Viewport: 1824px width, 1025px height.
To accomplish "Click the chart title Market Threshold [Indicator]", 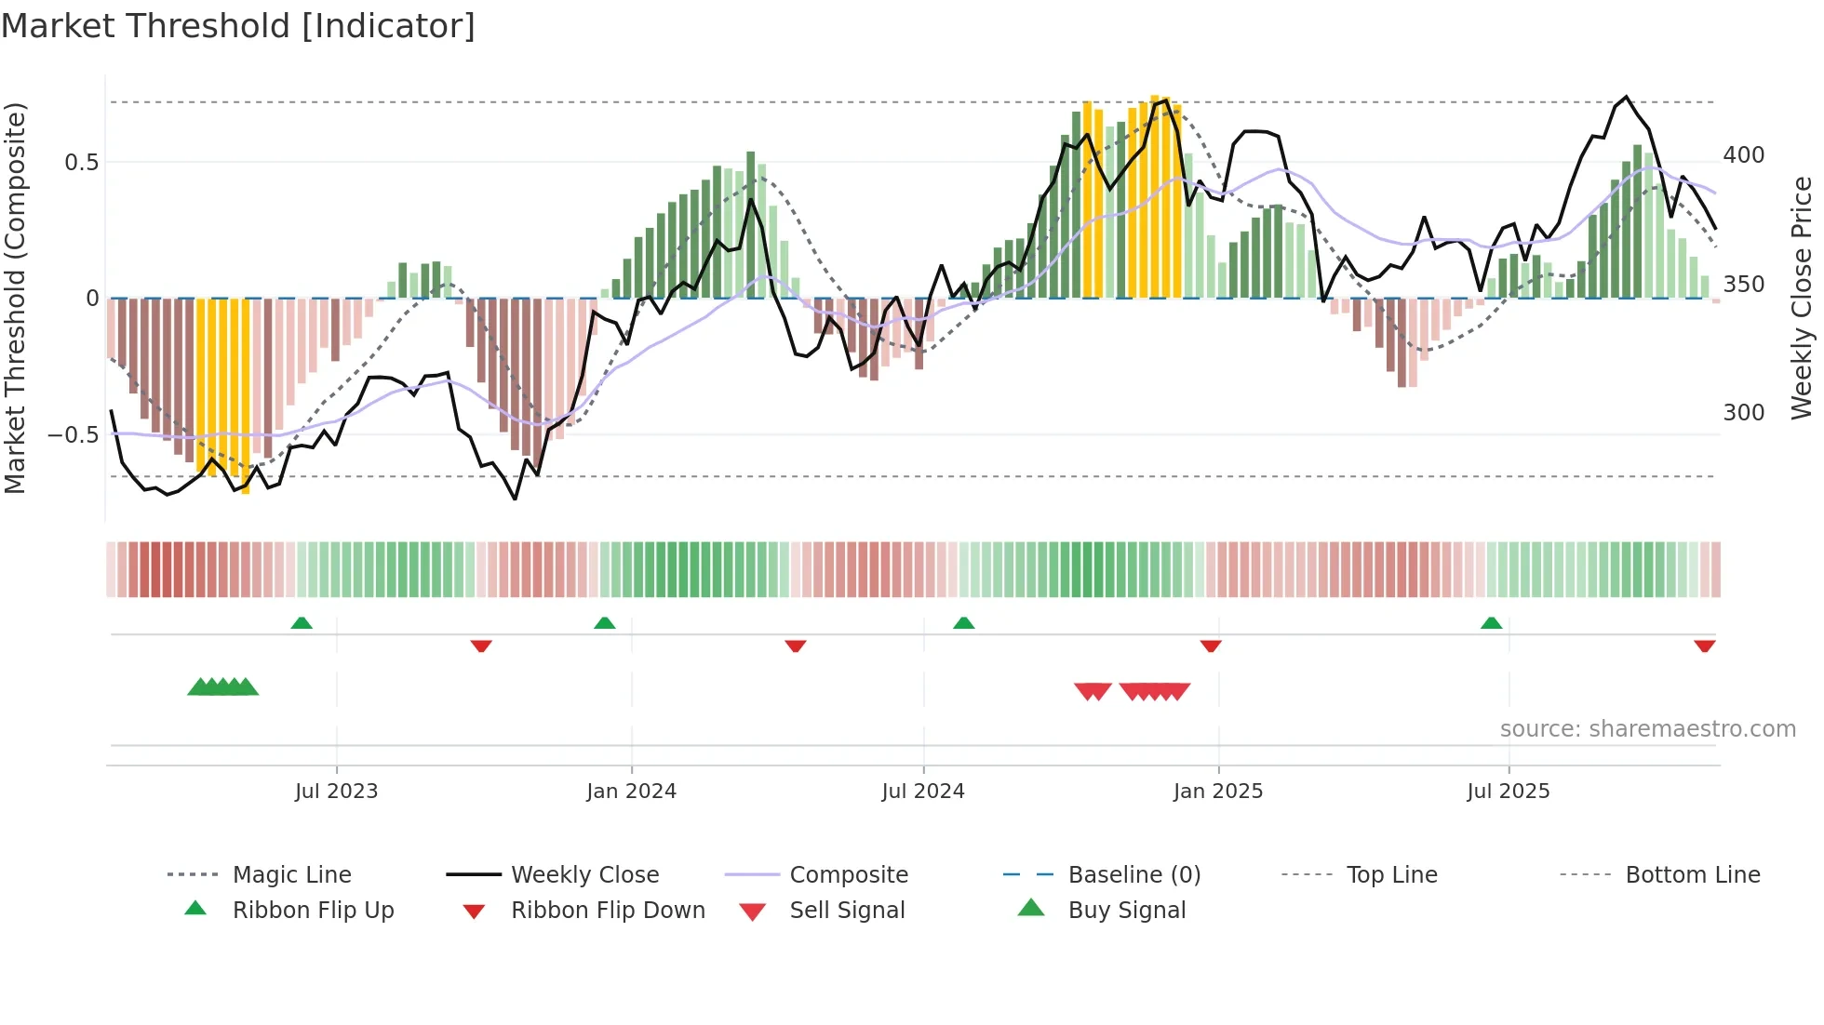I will (x=238, y=26).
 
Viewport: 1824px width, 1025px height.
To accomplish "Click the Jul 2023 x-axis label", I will (x=336, y=792).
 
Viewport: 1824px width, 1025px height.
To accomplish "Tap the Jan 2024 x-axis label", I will (x=631, y=792).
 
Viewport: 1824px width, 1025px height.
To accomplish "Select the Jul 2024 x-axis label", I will (x=922, y=792).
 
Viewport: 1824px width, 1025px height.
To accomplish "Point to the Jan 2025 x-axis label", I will (x=1217, y=792).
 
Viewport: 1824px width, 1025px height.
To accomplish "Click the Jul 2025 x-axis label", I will (x=1508, y=792).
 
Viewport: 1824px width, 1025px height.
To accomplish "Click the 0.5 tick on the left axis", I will (x=81, y=163).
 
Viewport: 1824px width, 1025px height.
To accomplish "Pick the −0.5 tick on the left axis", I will (x=74, y=435).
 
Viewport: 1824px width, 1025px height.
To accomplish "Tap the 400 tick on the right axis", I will (x=1743, y=155).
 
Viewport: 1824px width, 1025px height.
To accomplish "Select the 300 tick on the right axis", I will (x=1743, y=413).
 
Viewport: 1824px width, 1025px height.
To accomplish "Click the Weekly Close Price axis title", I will (x=1802, y=298).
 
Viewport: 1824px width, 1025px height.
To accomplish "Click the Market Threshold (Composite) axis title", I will (x=15, y=298).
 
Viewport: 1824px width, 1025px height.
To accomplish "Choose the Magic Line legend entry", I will (x=291, y=875).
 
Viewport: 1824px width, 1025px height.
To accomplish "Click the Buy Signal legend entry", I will (x=1126, y=911).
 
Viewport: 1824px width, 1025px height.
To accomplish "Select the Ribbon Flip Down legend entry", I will (x=607, y=911).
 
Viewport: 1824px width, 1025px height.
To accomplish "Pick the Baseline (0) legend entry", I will (x=1133, y=875).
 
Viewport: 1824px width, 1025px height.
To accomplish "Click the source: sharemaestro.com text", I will (x=1647, y=729).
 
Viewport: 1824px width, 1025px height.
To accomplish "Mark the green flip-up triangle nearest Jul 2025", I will (x=1491, y=623).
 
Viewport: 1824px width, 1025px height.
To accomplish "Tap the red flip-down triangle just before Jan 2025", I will (x=1210, y=646).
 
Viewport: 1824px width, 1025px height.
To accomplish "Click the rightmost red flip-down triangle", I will (x=1704, y=646).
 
